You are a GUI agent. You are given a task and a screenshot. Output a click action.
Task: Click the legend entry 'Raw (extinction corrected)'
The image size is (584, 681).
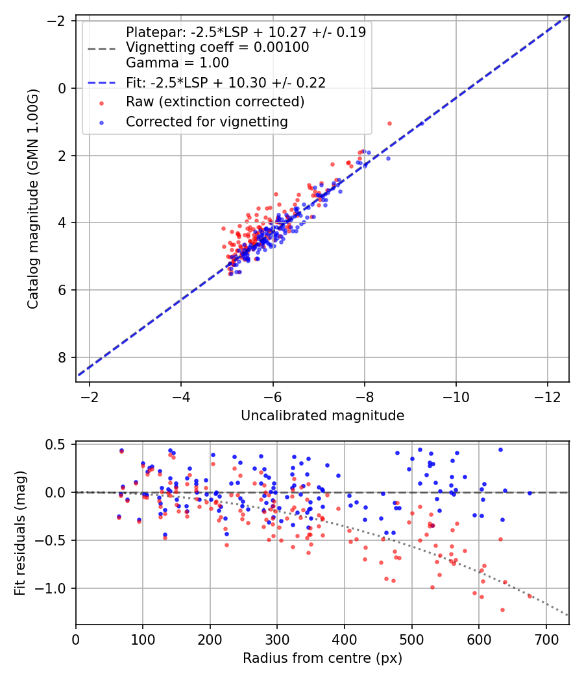tap(215, 102)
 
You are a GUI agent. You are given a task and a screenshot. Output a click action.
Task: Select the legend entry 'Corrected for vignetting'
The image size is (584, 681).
tap(207, 121)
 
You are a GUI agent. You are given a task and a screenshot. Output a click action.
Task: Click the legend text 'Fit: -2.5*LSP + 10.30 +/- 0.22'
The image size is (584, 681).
tap(226, 82)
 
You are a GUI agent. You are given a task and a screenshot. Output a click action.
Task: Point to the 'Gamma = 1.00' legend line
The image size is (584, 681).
tap(177, 63)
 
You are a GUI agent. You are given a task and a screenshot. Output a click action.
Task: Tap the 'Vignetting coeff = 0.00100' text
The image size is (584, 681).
tap(217, 47)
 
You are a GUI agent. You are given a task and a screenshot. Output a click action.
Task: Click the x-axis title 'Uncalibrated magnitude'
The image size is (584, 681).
tap(322, 416)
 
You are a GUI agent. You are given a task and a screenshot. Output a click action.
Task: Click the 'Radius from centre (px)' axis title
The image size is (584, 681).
tap(322, 658)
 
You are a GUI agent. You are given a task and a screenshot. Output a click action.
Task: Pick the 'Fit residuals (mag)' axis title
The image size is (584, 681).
tap(20, 533)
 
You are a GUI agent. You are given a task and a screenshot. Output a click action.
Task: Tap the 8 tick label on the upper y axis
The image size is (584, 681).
tap(62, 357)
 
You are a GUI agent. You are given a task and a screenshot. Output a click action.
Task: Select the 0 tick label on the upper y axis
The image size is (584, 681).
tap(62, 88)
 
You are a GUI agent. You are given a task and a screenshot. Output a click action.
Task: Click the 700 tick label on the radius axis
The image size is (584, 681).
tap(546, 639)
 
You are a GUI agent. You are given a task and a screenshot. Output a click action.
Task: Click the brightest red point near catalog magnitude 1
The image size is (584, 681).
tap(389, 123)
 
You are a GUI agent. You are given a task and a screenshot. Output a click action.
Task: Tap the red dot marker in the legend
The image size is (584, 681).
tap(101, 102)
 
